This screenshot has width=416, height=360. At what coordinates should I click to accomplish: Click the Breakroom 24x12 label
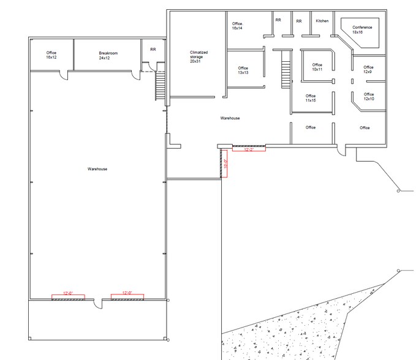point(108,56)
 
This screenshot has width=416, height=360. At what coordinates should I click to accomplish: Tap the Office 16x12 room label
point(51,55)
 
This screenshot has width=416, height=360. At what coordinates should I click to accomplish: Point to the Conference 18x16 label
point(361,29)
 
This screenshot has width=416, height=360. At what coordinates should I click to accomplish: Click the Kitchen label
point(322,21)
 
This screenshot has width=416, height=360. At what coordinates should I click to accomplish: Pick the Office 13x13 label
point(243,70)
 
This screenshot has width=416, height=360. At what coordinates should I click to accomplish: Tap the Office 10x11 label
point(317,67)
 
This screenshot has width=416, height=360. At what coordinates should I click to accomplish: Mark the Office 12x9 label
point(368,69)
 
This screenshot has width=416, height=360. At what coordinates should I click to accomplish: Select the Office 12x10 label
point(368,97)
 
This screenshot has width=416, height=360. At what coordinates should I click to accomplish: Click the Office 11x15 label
point(311,98)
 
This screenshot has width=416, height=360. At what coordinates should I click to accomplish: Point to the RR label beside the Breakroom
point(153,50)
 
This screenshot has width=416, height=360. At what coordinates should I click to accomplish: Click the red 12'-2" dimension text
point(249,149)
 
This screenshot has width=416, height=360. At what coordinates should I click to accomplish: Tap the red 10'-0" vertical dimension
point(225,163)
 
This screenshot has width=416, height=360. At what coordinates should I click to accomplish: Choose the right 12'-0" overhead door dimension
point(127,294)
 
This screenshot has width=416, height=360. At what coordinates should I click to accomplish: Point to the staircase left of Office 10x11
point(285,69)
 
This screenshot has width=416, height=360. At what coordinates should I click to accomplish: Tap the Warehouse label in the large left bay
point(97,169)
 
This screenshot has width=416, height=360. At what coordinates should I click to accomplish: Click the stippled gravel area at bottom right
point(288,334)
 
